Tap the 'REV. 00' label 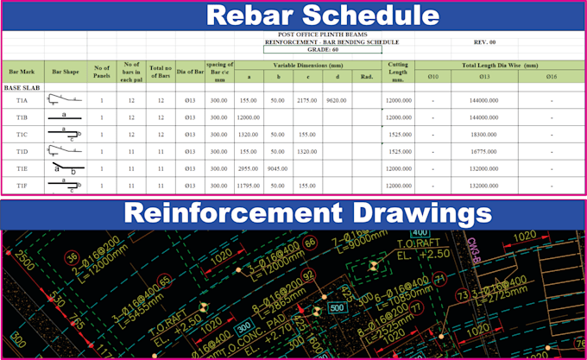coord(486,41)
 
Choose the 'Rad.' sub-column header coord(366,77)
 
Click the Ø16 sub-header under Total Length coord(551,77)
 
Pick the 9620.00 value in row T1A coord(336,100)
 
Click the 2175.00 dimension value coord(306,100)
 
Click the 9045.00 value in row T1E coord(277,168)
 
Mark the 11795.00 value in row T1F coord(249,185)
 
